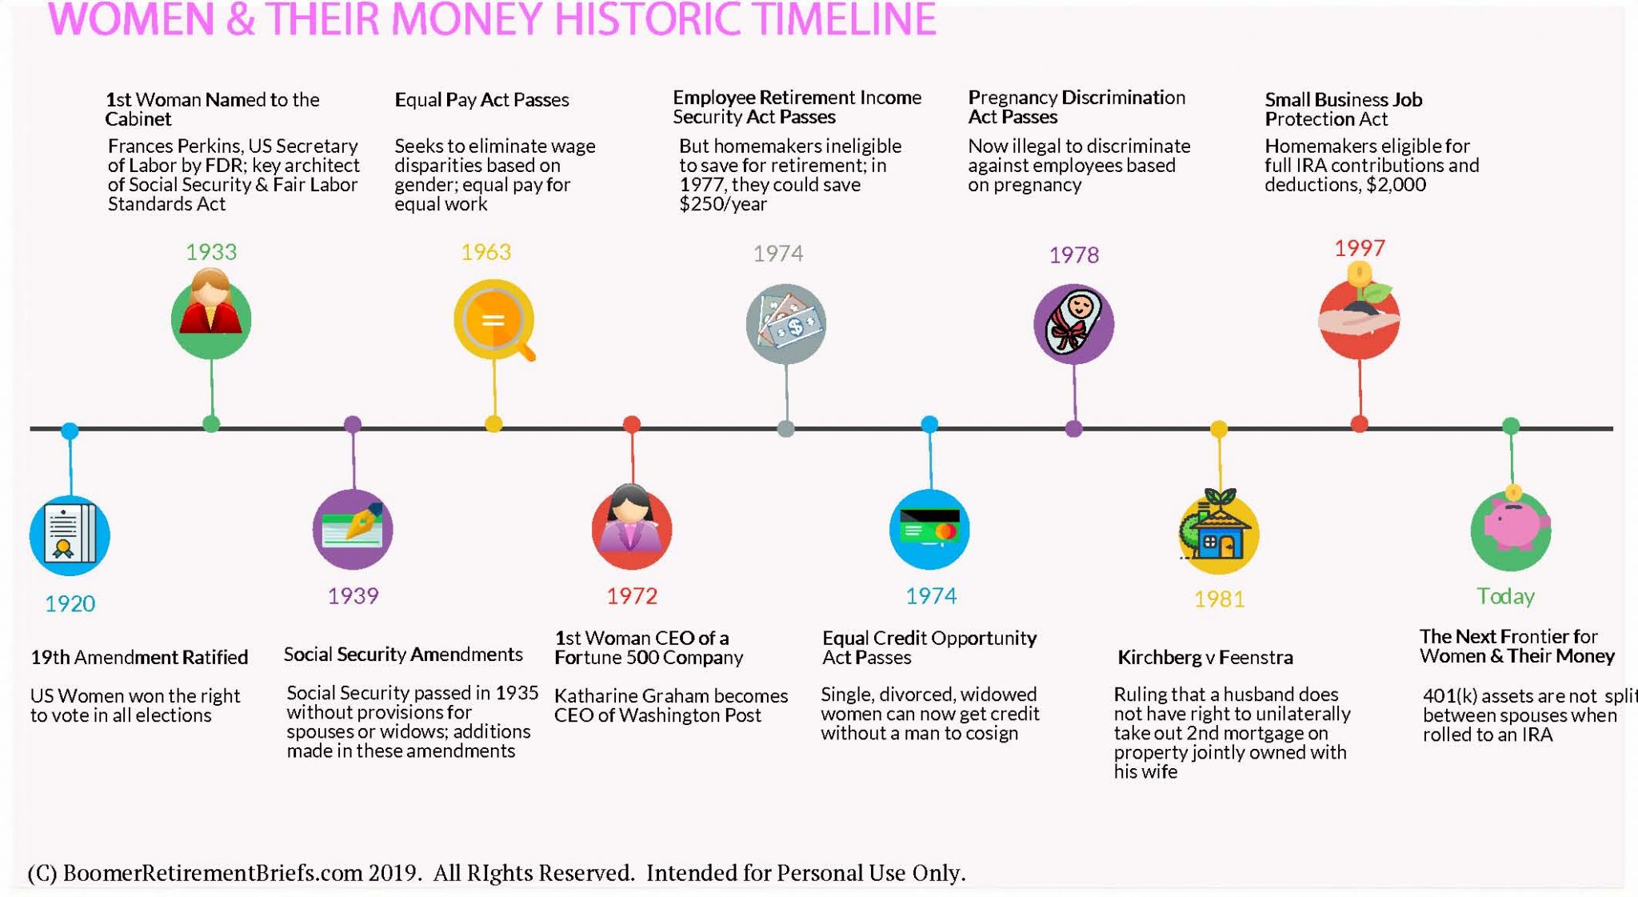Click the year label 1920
pyautogui.click(x=70, y=603)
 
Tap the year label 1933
pyautogui.click(x=211, y=252)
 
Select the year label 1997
pyautogui.click(x=1359, y=248)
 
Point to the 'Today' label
pyautogui.click(x=1505, y=596)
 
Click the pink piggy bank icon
pyautogui.click(x=1511, y=529)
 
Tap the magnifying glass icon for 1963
pyautogui.click(x=494, y=320)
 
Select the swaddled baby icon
pyautogui.click(x=1073, y=323)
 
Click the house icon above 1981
pyautogui.click(x=1218, y=532)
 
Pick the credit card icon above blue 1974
pyautogui.click(x=929, y=529)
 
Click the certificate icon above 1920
pyautogui.click(x=70, y=535)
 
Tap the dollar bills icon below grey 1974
pyautogui.click(x=786, y=323)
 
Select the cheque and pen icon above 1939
pyautogui.click(x=353, y=529)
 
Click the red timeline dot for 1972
pyautogui.click(x=632, y=424)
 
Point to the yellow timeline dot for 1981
pyautogui.click(x=1219, y=429)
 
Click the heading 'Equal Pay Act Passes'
pyautogui.click(x=481, y=100)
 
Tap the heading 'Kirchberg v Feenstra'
pyautogui.click(x=1205, y=658)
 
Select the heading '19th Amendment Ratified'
pyautogui.click(x=139, y=658)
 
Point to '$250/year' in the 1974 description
pyautogui.click(x=723, y=204)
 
